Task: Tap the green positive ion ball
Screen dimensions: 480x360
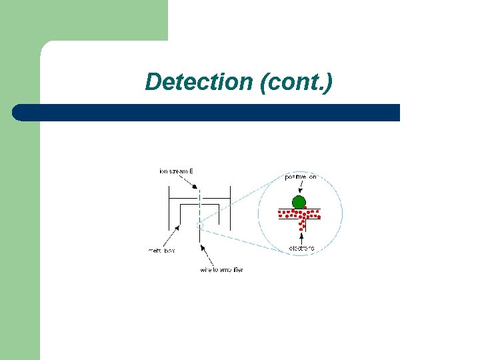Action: point(299,202)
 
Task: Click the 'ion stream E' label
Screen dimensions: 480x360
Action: point(177,171)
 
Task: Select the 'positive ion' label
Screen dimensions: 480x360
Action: point(301,177)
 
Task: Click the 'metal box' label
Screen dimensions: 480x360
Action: point(161,251)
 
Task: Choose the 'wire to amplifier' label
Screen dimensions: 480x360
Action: point(221,270)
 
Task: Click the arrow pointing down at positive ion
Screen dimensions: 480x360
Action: point(300,187)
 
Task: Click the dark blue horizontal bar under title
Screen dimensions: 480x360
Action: point(207,113)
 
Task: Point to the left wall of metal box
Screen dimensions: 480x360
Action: point(169,207)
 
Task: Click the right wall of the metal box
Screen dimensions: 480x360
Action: point(230,207)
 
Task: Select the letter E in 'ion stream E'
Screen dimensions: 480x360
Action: point(191,171)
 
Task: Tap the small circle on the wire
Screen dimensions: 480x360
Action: point(199,225)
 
